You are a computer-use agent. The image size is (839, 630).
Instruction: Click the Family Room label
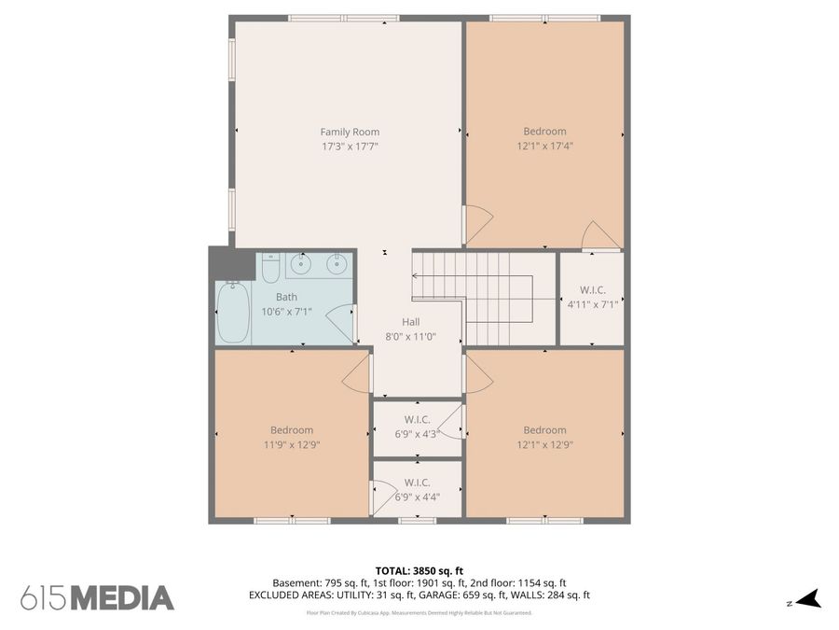[350, 132]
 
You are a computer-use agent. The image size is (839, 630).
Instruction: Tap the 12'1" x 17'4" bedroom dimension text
[544, 146]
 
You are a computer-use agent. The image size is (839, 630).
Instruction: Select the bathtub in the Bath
[233, 313]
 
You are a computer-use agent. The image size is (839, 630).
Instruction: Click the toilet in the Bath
[271, 268]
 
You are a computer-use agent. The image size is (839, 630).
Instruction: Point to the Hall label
[411, 322]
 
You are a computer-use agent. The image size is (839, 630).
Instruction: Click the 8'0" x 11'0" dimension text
[411, 337]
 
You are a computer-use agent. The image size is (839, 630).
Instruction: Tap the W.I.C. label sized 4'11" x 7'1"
[593, 290]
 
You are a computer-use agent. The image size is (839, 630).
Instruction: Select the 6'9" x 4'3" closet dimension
[418, 434]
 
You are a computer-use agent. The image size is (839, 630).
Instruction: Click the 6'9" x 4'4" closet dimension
[418, 497]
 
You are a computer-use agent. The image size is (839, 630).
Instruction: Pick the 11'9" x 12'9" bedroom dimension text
[292, 444]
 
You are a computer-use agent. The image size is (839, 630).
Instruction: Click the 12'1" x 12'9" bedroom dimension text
[544, 444]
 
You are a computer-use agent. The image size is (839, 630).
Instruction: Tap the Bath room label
[287, 298]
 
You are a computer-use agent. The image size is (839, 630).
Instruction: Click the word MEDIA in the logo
[122, 598]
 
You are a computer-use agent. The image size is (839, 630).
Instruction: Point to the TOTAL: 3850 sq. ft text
[419, 571]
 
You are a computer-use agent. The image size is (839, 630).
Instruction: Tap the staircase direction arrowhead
[415, 276]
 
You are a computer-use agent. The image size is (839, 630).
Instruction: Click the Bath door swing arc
[338, 324]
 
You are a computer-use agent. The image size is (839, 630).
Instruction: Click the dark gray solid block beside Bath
[232, 262]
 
